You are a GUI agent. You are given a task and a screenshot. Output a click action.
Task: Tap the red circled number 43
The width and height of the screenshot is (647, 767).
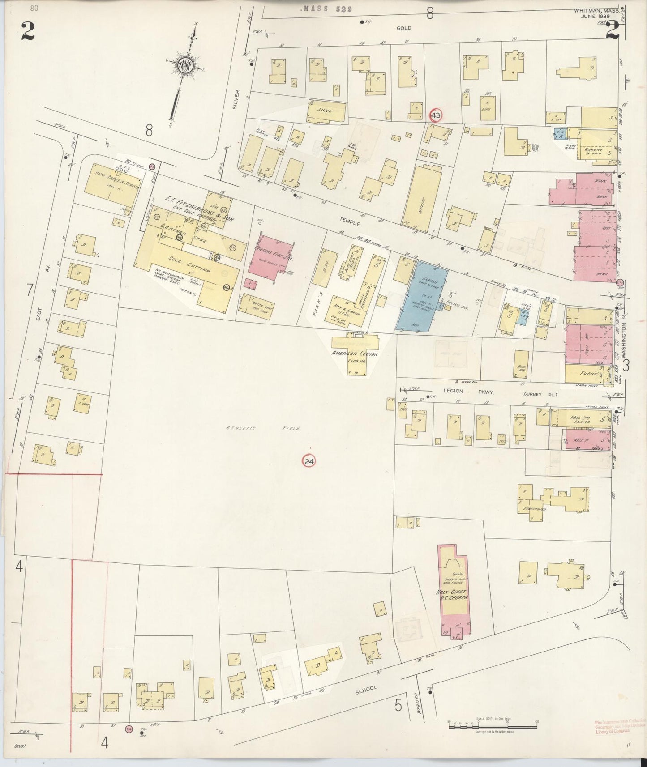point(435,115)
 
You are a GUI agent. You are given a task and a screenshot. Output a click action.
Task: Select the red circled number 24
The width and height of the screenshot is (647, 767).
point(309,461)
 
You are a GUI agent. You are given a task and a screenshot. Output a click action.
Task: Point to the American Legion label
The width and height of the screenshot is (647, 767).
point(355,354)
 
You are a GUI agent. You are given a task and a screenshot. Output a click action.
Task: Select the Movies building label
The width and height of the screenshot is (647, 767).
point(420,206)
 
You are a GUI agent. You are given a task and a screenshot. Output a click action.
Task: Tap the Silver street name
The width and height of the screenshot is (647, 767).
point(237,98)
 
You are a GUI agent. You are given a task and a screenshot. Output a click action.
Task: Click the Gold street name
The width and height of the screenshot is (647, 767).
point(403,28)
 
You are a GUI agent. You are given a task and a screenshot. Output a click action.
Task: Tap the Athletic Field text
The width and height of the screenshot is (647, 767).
point(262,428)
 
